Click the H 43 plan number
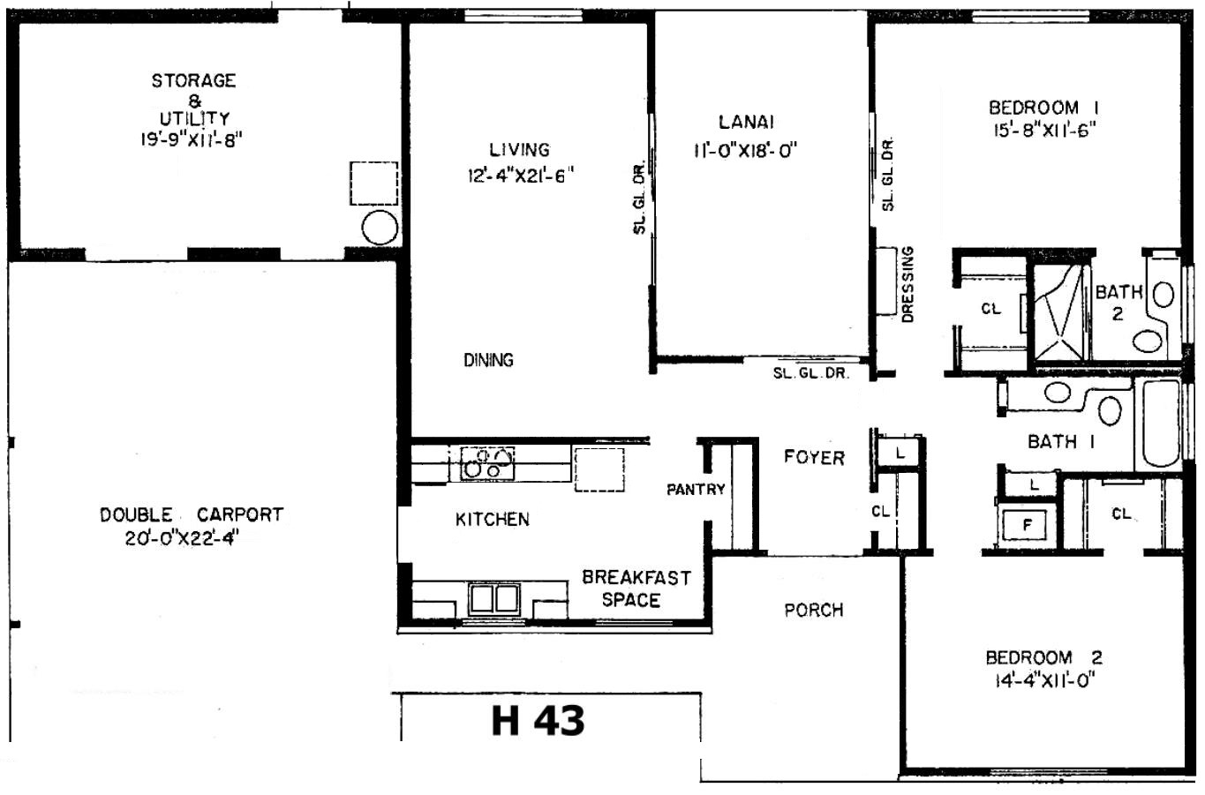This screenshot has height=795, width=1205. tap(538, 720)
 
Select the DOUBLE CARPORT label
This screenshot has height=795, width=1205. tap(192, 514)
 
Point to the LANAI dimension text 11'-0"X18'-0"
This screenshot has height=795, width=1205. tap(745, 149)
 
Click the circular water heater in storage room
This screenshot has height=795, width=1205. tap(380, 228)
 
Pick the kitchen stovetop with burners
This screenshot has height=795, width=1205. tap(487, 463)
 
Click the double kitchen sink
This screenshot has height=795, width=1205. tap(493, 599)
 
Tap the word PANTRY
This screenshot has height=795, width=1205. tap(696, 489)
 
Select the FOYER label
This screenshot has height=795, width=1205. tap(814, 457)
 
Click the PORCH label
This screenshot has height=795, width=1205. tap(813, 610)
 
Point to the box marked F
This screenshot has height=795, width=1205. tap(1027, 525)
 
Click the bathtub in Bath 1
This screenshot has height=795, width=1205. tap(1160, 423)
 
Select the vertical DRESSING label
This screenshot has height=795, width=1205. tap(908, 284)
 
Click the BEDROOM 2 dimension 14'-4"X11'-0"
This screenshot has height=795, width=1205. tap(1044, 681)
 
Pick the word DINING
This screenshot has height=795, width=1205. tap(488, 360)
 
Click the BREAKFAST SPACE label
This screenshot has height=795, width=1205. tap(636, 589)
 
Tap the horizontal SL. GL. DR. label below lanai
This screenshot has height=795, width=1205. tap(811, 373)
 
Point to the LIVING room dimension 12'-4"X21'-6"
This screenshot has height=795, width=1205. tap(520, 176)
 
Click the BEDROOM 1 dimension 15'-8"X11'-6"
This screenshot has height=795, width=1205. tap(1044, 130)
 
